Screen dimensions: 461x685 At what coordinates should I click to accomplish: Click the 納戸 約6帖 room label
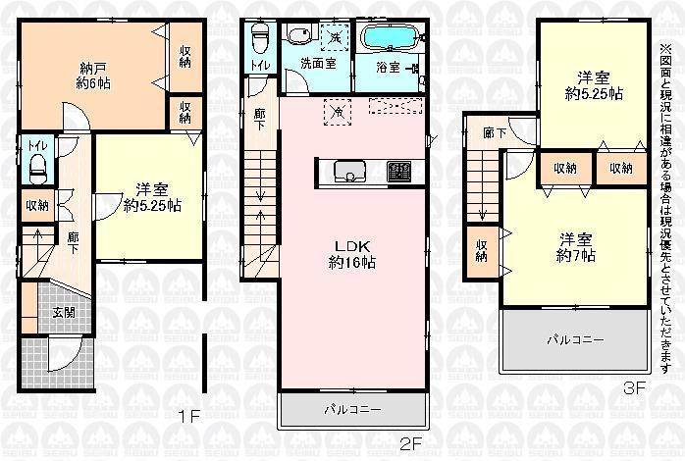(x=94, y=76)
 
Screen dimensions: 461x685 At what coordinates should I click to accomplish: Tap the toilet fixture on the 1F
(x=37, y=167)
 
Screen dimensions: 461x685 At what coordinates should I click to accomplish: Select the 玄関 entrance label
(x=63, y=312)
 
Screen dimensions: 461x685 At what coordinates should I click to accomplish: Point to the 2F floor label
(x=410, y=443)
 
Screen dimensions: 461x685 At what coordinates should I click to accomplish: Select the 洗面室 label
(x=318, y=67)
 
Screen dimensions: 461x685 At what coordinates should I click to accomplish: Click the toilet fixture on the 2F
(x=261, y=40)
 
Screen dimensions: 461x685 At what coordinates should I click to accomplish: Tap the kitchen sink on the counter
(x=349, y=172)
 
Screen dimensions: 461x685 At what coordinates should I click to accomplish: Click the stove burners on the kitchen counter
(x=398, y=172)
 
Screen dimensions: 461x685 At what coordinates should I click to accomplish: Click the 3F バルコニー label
(x=575, y=339)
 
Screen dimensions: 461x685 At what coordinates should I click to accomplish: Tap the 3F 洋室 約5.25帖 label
(x=591, y=85)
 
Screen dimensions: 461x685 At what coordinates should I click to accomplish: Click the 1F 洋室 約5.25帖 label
(x=151, y=197)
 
